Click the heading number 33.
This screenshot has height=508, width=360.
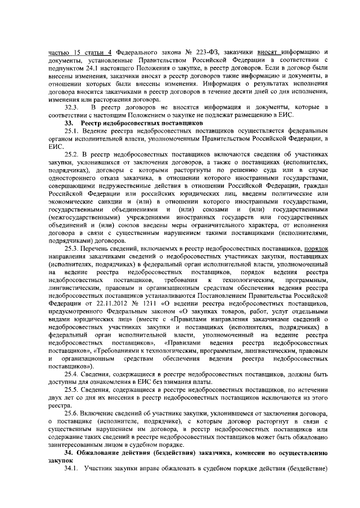tap(70, 122)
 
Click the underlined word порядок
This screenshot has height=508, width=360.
tap(317, 248)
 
